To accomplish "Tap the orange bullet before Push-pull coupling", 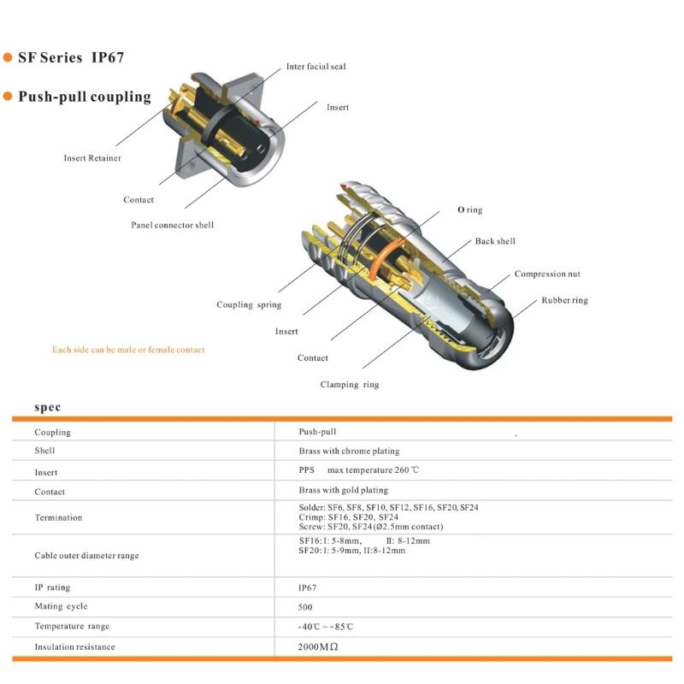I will tap(9, 96).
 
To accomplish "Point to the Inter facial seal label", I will tap(315, 66).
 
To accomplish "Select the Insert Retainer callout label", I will tap(92, 157).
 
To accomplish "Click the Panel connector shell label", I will tap(172, 225).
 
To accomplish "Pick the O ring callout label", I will tap(469, 209).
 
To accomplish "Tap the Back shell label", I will tap(495, 241).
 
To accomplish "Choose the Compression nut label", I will tap(546, 274).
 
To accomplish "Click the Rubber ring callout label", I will tap(564, 300).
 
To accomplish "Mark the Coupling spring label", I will tap(248, 304).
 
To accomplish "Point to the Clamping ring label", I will tap(349, 384).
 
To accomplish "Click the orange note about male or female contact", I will tap(128, 349).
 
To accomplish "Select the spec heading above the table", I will tap(48, 408).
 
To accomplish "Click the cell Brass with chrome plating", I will tap(349, 451).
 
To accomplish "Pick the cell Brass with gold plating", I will tap(343, 490).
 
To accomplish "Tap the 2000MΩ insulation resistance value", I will tap(318, 647).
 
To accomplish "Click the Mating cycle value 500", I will tap(305, 606).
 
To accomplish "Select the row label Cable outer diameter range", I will tap(86, 556).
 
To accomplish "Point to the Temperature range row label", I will tap(72, 626).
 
